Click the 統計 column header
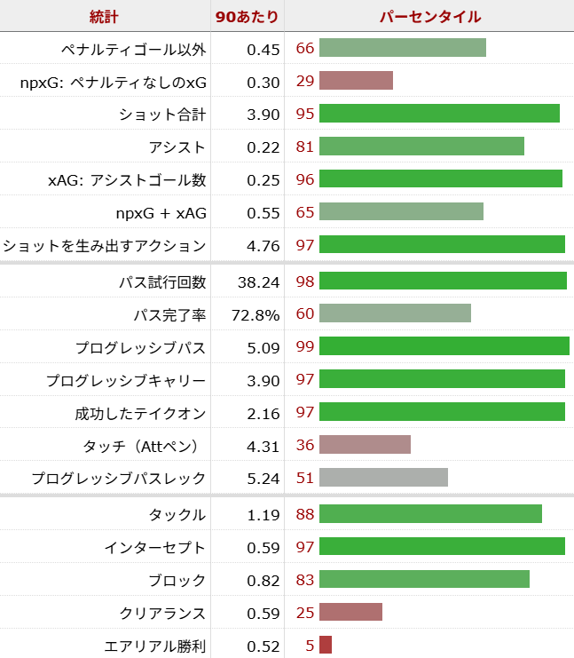(105, 16)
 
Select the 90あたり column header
(248, 16)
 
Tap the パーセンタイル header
(430, 16)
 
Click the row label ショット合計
(162, 114)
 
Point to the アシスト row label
(177, 147)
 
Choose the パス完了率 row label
(169, 314)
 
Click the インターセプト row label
(155, 547)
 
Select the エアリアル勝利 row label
(155, 646)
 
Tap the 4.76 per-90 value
(263, 245)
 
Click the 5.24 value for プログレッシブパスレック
(263, 478)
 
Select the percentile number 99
(305, 346)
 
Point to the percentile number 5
(310, 646)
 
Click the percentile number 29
(305, 81)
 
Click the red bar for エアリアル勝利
(326, 645)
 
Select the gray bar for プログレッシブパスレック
(383, 478)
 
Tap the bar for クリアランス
(350, 613)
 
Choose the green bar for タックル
(430, 514)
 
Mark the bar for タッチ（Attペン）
(365, 444)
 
